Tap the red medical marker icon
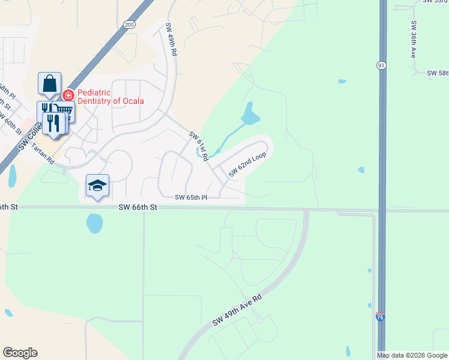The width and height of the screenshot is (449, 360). [68, 95]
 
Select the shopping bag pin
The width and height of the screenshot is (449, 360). [49, 83]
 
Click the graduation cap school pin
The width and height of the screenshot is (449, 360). [97, 185]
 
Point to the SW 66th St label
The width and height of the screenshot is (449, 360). [137, 207]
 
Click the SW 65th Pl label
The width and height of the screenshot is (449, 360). [191, 197]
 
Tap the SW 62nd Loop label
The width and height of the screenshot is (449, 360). [247, 164]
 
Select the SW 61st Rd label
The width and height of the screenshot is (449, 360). [199, 146]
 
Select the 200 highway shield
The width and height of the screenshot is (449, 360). [130, 25]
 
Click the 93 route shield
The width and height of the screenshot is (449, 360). [381, 65]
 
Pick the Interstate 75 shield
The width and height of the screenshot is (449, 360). [380, 317]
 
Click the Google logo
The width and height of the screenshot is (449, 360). [20, 353]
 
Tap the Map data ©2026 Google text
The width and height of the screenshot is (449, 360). [412, 355]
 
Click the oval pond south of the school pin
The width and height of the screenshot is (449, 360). [95, 224]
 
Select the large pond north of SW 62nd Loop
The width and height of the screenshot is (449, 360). [250, 113]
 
